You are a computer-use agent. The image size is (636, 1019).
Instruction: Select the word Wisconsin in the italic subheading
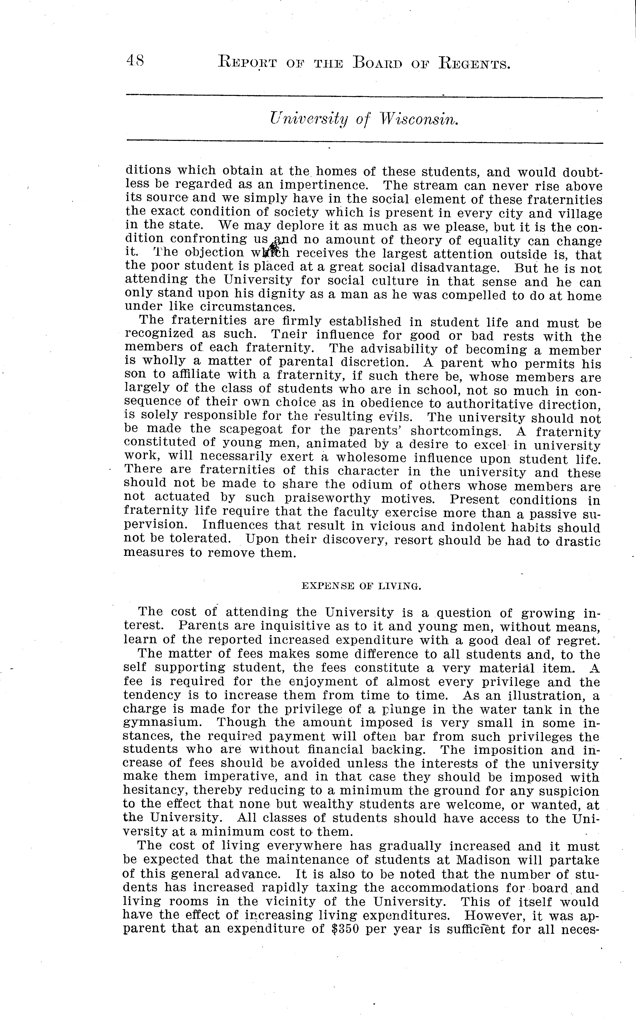418,120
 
